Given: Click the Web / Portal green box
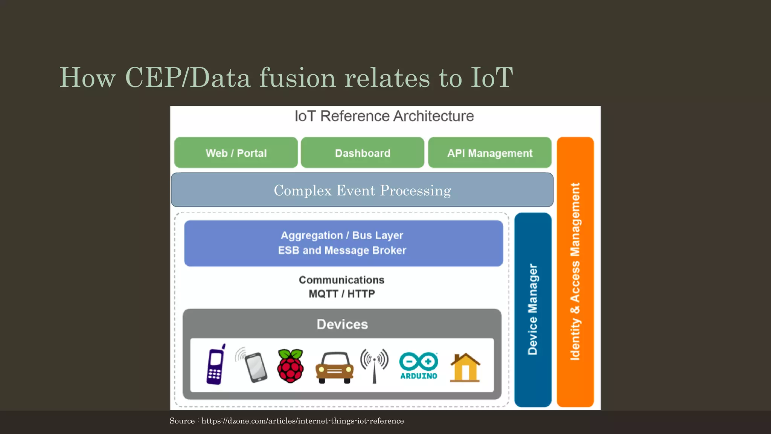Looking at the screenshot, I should pos(236,153).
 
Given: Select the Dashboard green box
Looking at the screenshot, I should pos(363,153).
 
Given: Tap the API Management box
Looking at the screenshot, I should pos(490,153).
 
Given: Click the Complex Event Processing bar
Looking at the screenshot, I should pos(362,190).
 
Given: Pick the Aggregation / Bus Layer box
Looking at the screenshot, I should pos(343,243).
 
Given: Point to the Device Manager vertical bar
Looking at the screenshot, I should pos(533,309).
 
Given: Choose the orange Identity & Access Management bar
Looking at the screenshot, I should pos(575,271).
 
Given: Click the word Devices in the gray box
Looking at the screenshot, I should pos(342,324).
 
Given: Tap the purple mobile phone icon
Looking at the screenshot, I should pos(216,365).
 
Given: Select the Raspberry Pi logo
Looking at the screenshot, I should pos(290,366).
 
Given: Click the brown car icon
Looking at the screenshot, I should pos(334,368).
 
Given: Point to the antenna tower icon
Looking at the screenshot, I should pos(374,365).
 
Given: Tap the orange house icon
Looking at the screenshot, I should pos(465,368).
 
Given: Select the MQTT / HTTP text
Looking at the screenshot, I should pos(342,294).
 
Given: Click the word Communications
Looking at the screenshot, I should pos(341,280).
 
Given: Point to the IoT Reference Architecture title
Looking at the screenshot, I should pos(384,116).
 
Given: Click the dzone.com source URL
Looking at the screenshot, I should pos(302,421).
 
